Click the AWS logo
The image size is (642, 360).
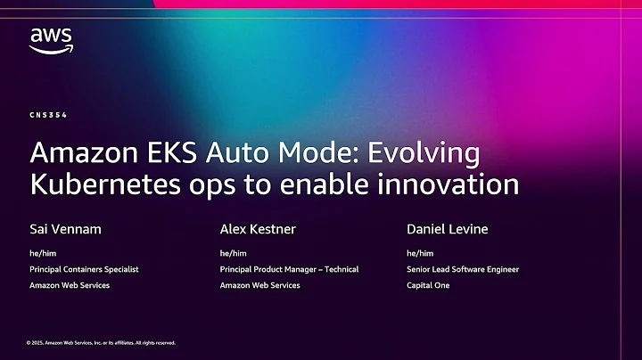(51, 40)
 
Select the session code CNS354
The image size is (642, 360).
(48, 116)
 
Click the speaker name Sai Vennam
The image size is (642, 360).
(65, 230)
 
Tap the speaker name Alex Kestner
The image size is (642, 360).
(258, 230)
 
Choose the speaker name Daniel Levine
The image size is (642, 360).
(448, 230)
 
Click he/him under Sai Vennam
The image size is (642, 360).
(43, 253)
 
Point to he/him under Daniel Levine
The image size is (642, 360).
(420, 253)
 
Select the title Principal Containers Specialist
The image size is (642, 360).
(84, 269)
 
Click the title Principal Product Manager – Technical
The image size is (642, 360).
(289, 269)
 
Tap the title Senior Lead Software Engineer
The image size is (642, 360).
(463, 269)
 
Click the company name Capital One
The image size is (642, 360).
(428, 285)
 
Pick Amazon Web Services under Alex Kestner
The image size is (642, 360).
(259, 285)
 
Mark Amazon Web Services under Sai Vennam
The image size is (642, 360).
(69, 285)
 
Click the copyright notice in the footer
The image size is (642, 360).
(101, 342)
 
